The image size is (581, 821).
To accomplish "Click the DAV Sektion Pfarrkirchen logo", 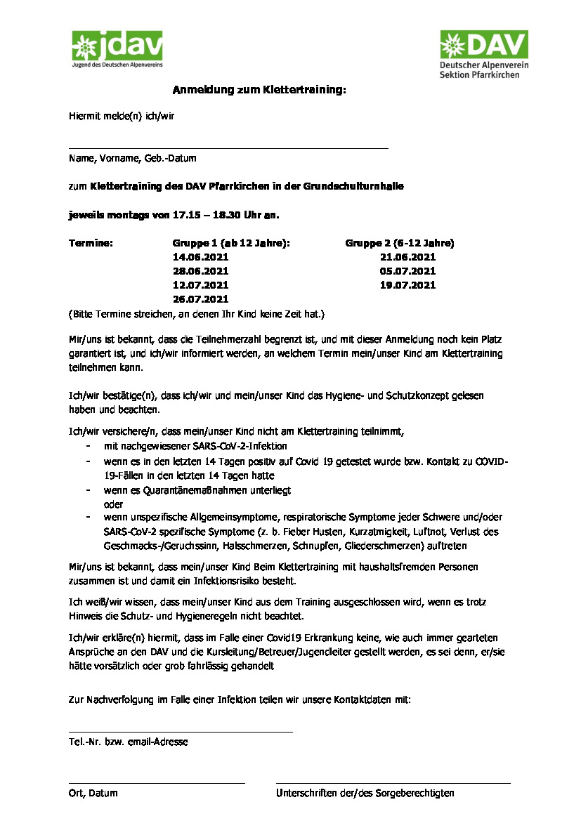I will tap(483, 53).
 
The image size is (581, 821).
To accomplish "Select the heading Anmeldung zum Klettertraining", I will tap(260, 90).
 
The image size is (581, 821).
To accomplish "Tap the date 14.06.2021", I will tap(200, 257).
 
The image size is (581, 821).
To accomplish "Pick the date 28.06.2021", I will tap(200, 271).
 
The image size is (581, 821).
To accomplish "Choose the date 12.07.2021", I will tap(200, 285).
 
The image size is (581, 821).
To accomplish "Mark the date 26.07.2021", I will tap(200, 299).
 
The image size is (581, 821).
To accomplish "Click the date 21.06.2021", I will tap(407, 257).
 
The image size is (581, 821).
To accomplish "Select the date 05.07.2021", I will tap(407, 271).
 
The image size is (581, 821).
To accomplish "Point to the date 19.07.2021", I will tap(407, 285).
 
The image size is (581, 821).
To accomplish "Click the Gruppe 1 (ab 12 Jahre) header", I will tap(231, 243).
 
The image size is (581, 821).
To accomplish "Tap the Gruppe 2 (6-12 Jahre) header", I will tap(399, 243).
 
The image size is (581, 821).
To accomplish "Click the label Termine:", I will tap(91, 243).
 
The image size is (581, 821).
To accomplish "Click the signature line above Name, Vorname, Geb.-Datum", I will tap(228, 148).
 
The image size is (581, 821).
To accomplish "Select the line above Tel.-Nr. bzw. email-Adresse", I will tap(181, 732).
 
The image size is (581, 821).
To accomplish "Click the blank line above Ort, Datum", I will tap(157, 782).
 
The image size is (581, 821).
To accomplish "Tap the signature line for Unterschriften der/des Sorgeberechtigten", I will tap(393, 782).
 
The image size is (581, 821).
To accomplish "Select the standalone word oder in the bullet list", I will tap(113, 504).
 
